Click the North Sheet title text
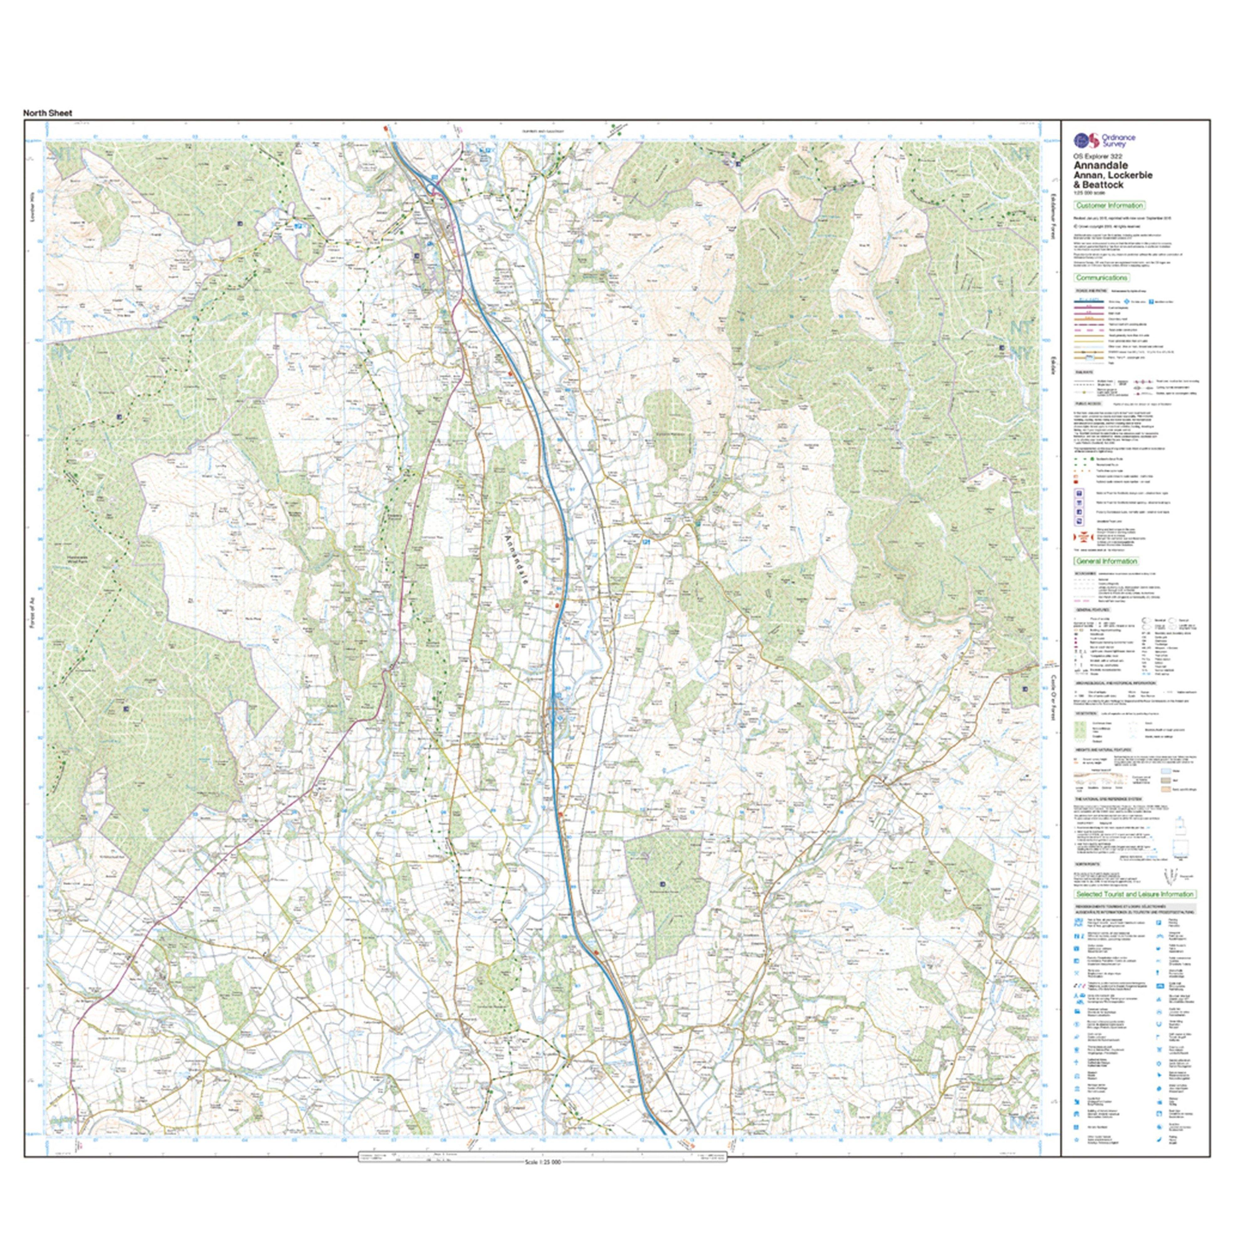click(x=48, y=113)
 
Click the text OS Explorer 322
click(x=1093, y=157)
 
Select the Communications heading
click(x=1101, y=278)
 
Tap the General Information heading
click(x=1106, y=561)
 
